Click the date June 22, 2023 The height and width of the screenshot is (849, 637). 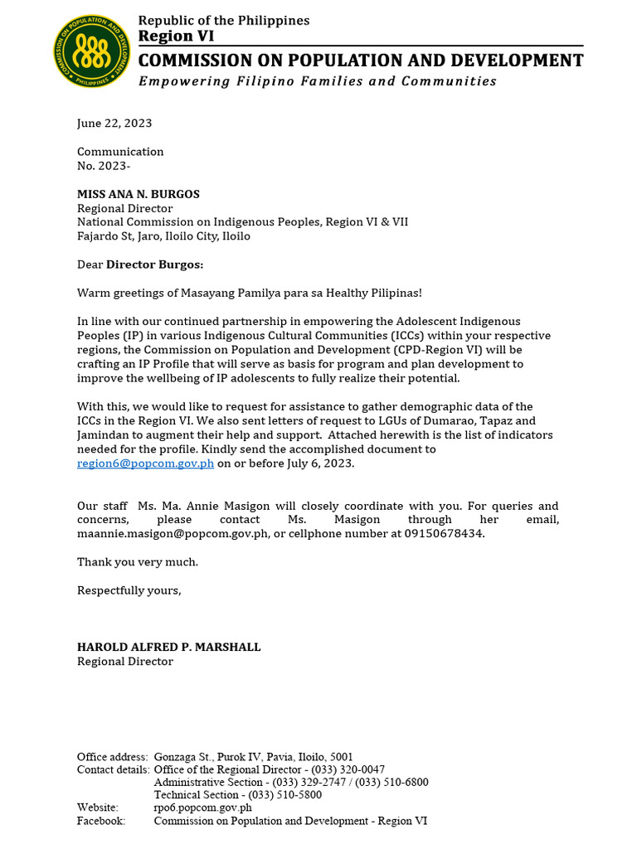(x=114, y=124)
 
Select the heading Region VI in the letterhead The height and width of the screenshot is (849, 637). (x=175, y=35)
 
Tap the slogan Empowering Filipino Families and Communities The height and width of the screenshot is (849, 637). (x=317, y=81)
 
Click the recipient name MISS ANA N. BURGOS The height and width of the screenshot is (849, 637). (x=139, y=194)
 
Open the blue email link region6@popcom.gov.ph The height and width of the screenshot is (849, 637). (x=146, y=463)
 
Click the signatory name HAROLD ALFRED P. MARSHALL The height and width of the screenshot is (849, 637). (x=168, y=647)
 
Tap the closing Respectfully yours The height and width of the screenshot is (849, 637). (x=129, y=590)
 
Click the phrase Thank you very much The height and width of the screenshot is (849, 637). (x=138, y=562)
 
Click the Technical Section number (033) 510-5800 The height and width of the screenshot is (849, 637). (x=283, y=794)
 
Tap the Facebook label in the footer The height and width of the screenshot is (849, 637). (x=101, y=820)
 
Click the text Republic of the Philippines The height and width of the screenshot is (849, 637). (x=223, y=20)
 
